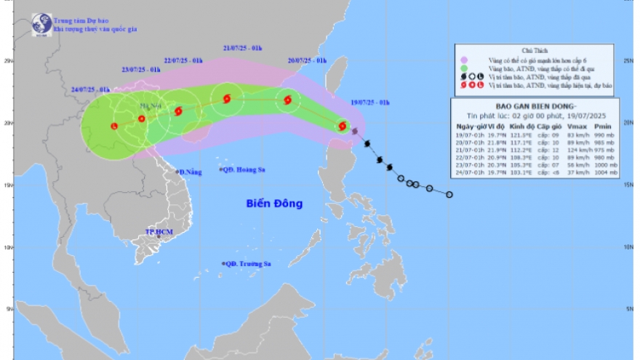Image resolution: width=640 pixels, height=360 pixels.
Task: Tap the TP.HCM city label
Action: tap(157, 232)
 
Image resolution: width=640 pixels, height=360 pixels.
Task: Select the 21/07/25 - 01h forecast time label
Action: tap(243, 49)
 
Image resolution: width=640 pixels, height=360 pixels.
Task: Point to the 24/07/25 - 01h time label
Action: tap(90, 89)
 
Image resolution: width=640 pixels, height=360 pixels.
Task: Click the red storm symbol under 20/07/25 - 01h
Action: tap(288, 100)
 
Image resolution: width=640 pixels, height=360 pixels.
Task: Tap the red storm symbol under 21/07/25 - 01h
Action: tap(226, 99)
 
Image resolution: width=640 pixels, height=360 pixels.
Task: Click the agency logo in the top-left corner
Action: tap(41, 24)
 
